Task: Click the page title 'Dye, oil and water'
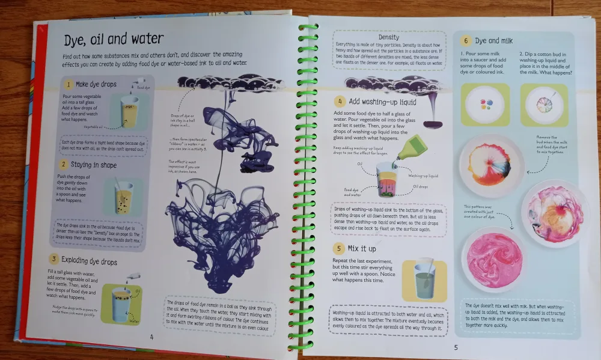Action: (x=114, y=40)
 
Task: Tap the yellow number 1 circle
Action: (x=70, y=85)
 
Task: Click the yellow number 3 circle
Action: (x=54, y=260)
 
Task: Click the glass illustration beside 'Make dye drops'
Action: (x=129, y=112)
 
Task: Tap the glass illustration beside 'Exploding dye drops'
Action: (x=122, y=304)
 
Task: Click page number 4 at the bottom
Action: (x=151, y=337)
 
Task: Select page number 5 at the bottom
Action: (x=456, y=347)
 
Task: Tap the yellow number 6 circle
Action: (x=466, y=41)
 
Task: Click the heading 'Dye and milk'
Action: (x=495, y=41)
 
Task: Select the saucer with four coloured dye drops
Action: (x=484, y=104)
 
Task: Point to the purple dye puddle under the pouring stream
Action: (x=433, y=124)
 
